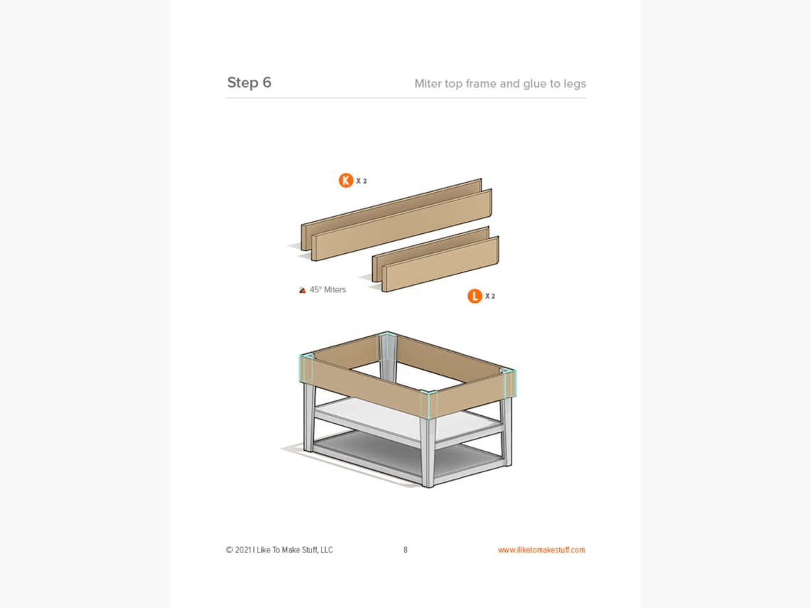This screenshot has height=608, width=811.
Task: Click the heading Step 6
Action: click(x=249, y=82)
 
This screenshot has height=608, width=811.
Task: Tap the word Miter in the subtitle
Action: click(x=428, y=84)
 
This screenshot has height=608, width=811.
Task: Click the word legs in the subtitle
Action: click(x=573, y=84)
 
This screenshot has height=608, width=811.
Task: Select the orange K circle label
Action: click(x=346, y=181)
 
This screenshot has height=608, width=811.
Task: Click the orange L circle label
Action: click(x=475, y=296)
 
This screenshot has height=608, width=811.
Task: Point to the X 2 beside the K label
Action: click(x=361, y=181)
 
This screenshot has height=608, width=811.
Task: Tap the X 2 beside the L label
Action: click(x=490, y=297)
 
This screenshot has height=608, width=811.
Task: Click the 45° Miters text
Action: click(x=327, y=290)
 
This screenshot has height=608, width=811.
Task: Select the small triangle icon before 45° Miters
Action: click(x=302, y=290)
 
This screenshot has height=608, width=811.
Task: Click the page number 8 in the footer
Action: click(x=405, y=550)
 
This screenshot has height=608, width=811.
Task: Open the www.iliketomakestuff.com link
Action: click(x=541, y=550)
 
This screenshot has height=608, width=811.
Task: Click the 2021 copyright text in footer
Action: click(x=279, y=550)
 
